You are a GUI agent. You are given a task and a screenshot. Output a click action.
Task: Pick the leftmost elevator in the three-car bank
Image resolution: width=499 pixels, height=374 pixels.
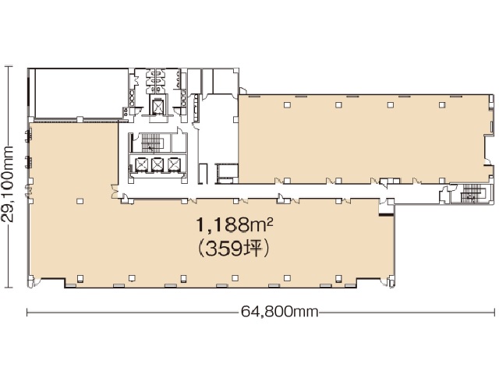click(x=142, y=164)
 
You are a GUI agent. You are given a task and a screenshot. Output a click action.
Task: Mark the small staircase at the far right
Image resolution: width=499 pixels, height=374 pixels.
click(x=471, y=195)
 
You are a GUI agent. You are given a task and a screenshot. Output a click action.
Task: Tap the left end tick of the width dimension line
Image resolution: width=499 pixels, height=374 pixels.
click(x=28, y=312)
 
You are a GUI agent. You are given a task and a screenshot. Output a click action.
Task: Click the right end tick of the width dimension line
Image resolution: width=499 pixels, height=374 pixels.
click(x=494, y=312)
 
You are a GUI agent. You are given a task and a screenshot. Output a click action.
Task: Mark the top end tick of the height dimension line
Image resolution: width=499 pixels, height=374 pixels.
click(x=9, y=67)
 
